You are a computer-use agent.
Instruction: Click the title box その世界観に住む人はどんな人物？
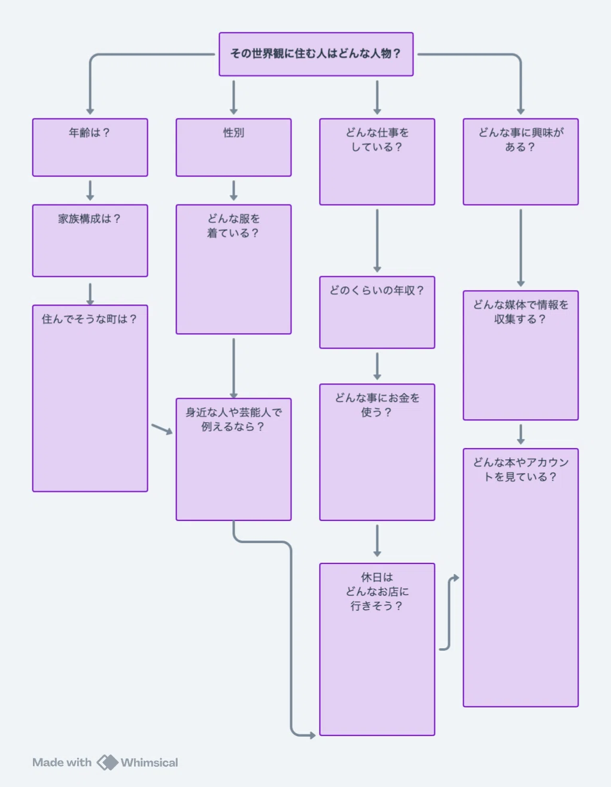[316, 54]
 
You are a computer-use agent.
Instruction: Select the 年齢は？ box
[90, 147]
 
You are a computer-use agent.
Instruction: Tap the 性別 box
[234, 147]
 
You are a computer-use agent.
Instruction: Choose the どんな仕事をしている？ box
[377, 161]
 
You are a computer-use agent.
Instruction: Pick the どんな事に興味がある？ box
[521, 161]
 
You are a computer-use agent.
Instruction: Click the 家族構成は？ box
[90, 240]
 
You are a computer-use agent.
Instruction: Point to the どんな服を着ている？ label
[234, 226]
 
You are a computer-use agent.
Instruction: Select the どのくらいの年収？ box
[377, 312]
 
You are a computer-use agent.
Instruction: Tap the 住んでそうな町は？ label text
[89, 319]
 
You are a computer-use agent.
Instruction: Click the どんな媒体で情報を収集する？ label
[521, 312]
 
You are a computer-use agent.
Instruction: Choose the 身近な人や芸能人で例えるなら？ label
[234, 419]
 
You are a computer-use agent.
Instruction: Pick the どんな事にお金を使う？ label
[377, 405]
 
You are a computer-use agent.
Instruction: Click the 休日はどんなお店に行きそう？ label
[377, 591]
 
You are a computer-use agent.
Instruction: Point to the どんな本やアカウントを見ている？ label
[521, 469]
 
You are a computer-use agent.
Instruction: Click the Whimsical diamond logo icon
[107, 762]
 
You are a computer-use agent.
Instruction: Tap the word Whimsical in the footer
[149, 762]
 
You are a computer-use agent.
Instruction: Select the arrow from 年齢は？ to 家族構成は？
[90, 191]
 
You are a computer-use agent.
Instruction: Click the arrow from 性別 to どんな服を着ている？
[234, 191]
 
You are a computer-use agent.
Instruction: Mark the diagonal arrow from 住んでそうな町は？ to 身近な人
[162, 429]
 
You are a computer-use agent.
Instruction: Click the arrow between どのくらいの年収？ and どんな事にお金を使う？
[377, 367]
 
